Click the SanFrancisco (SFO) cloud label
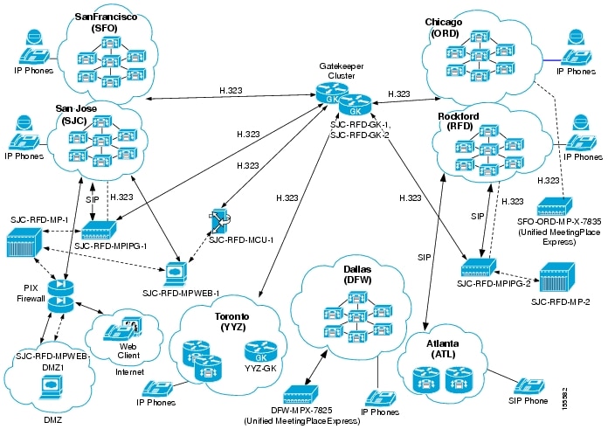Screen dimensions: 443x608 click(x=100, y=22)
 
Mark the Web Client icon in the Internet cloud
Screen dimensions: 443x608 click(x=121, y=332)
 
